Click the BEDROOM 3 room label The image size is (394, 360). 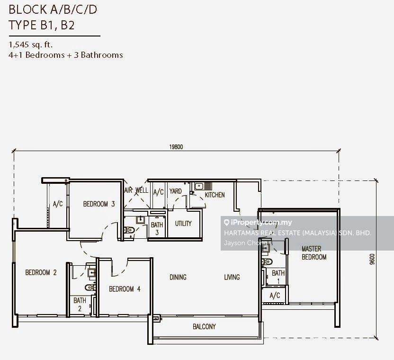pos(99,204)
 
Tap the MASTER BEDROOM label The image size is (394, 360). pos(314,253)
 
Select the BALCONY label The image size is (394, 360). pos(204,326)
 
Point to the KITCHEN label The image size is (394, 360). pos(215,195)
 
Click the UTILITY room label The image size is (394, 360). pos(183,224)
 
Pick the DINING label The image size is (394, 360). pos(178,277)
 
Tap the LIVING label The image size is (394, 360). pos(232,277)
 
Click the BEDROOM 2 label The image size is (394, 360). pos(41,272)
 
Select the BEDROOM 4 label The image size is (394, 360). pos(125,289)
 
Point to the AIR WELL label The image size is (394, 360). pos(136,190)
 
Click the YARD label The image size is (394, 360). pos(175,191)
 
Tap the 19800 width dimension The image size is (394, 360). pos(176,147)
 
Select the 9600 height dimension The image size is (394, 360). pos(372,259)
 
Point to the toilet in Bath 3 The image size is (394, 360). pos(129,230)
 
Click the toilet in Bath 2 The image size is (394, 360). pos(90,288)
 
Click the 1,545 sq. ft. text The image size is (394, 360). pos(31,45)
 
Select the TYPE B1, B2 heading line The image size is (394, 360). pos(42,26)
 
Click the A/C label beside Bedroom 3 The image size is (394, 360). pos(58,204)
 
